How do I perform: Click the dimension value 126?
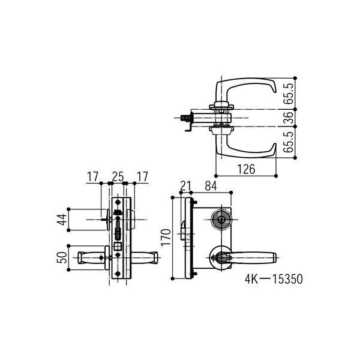[x=246, y=169]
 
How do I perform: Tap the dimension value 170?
[x=166, y=238]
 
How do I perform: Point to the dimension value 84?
[x=211, y=186]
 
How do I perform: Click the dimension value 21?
[x=185, y=186]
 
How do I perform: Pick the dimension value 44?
[x=62, y=220]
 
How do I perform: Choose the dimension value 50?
[x=62, y=257]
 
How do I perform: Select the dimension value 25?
[x=118, y=176]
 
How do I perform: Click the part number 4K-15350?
[x=274, y=279]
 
